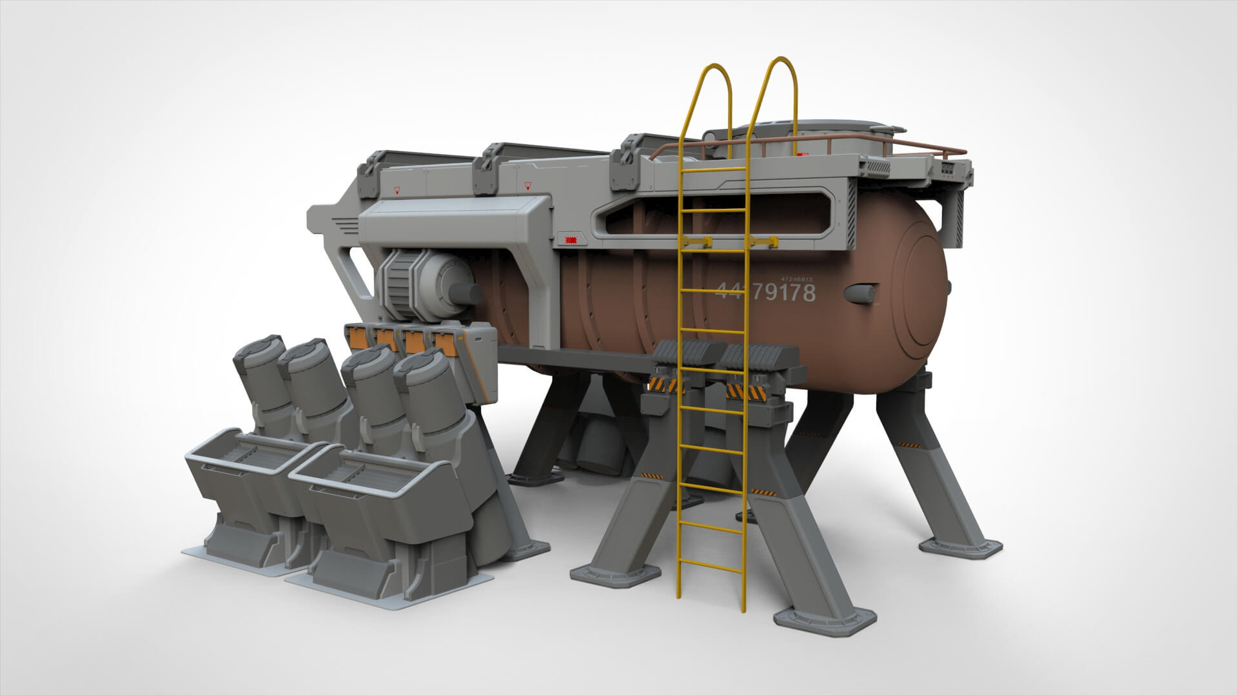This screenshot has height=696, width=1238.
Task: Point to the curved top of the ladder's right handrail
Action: click(x=781, y=66)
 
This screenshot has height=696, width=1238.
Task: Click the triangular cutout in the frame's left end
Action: click(x=357, y=271)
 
